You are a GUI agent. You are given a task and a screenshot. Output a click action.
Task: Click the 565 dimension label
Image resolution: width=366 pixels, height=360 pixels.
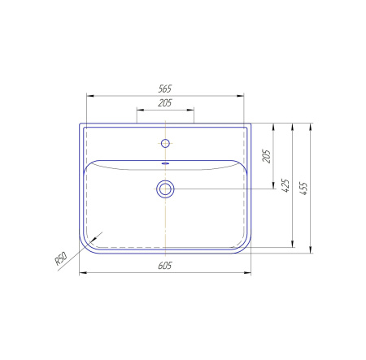pos(165,89)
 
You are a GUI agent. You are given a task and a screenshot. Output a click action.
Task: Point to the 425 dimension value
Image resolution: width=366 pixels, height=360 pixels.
pos(285,185)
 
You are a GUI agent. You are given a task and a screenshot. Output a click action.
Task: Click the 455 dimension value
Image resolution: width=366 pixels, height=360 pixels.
pos(303,189)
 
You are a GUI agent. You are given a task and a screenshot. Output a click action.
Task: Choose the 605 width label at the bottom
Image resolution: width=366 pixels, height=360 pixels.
pos(165,266)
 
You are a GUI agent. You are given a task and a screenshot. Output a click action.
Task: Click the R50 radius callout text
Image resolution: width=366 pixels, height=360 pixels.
pos(61,258)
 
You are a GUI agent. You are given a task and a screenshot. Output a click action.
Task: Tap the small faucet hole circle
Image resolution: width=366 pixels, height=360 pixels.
pos(165,143)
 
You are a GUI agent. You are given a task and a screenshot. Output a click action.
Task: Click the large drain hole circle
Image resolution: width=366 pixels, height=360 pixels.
pos(165,189)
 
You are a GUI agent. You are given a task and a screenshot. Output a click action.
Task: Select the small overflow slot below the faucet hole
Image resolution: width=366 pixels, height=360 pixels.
pos(165,163)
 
